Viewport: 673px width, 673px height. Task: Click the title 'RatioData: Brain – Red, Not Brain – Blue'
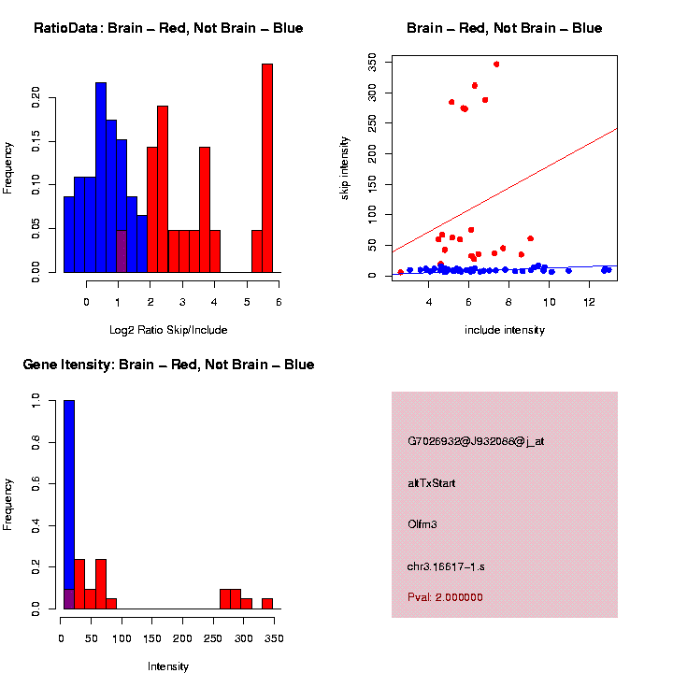(x=168, y=28)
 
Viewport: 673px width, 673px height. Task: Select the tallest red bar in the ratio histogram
(x=267, y=168)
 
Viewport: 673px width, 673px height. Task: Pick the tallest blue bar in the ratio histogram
(x=100, y=178)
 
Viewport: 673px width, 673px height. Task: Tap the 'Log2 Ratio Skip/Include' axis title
(x=168, y=330)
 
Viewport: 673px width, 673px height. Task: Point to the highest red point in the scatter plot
(x=496, y=64)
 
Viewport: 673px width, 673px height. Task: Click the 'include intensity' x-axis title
(x=505, y=330)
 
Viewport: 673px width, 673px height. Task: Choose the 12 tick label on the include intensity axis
(x=590, y=303)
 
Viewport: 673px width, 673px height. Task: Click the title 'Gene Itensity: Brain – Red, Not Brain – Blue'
(x=168, y=365)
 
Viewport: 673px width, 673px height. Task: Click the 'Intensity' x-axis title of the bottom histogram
(x=168, y=666)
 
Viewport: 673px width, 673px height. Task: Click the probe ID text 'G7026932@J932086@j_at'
(x=476, y=441)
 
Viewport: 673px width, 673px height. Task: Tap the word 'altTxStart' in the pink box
(x=432, y=483)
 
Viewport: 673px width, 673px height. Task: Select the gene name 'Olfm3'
(x=422, y=524)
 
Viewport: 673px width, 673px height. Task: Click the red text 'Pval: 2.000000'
(x=446, y=597)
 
